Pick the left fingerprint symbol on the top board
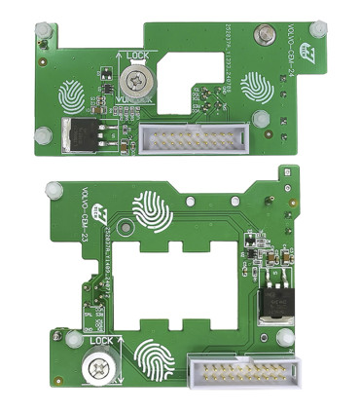coord(74,96)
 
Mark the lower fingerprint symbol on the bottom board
coord(156,359)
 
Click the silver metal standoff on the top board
coord(261,37)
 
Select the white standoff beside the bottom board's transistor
coord(282,338)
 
